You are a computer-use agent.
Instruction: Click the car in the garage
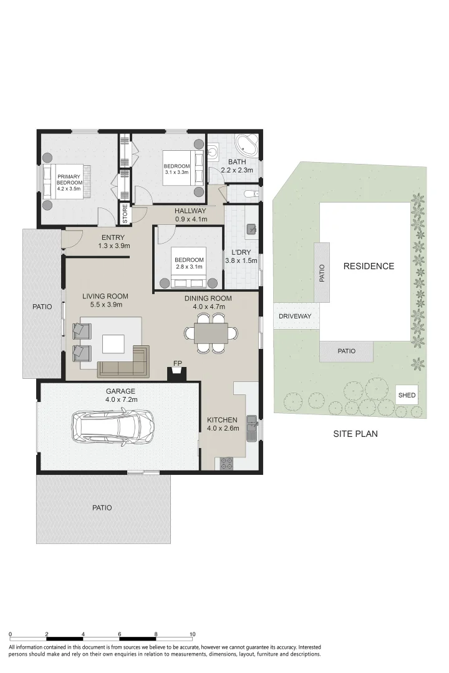tap(113, 428)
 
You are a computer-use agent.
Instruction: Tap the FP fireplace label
tap(178, 363)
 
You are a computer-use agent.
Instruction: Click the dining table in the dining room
tap(211, 333)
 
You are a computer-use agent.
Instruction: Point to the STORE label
tap(125, 213)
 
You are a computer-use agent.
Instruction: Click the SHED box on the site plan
tap(407, 395)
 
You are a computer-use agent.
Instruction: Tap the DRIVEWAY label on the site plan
tap(295, 316)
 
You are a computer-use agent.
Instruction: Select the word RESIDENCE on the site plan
tap(369, 266)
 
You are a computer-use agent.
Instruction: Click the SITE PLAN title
tap(355, 434)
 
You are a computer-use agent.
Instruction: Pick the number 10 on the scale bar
tap(193, 634)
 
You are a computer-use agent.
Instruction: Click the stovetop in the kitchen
tap(226, 463)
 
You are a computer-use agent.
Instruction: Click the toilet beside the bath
tap(251, 194)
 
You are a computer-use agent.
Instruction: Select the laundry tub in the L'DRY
tap(252, 229)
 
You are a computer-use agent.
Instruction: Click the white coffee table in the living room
tap(113, 344)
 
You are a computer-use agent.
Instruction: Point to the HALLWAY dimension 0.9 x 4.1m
tap(191, 219)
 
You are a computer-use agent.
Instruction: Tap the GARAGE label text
tap(121, 391)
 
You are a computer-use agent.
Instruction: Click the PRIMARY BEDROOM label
tap(69, 179)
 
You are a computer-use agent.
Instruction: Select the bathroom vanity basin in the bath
tap(214, 151)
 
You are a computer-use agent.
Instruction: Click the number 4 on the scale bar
tap(83, 634)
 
